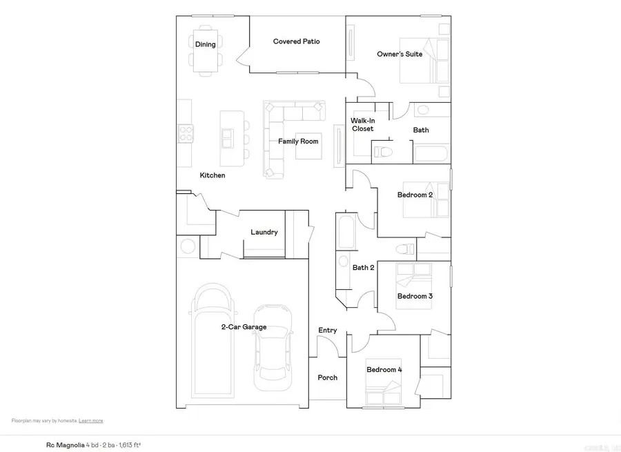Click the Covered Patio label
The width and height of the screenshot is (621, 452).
[x=296, y=41]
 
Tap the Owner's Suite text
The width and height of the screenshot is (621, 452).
[x=400, y=54]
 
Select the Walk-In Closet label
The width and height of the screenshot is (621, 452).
[x=362, y=124]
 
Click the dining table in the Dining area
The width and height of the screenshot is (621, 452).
[x=205, y=50]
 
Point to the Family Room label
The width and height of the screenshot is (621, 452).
[x=298, y=141]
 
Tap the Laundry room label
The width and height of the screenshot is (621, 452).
[x=264, y=232]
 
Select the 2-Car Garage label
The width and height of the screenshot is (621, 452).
[x=244, y=327]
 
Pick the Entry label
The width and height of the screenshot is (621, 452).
[x=328, y=331]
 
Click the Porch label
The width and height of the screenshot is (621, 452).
[x=328, y=377]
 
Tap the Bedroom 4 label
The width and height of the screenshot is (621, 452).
[x=384, y=370]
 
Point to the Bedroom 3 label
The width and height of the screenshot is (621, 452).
[x=415, y=296]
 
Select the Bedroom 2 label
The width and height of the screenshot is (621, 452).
[x=415, y=195]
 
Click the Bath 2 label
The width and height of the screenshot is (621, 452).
[x=363, y=267]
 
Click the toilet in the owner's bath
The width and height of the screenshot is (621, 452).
[x=383, y=151]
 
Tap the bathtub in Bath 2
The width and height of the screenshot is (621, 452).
[x=346, y=234]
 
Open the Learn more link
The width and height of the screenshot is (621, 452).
[x=91, y=420]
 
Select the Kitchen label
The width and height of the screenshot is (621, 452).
[x=213, y=175]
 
